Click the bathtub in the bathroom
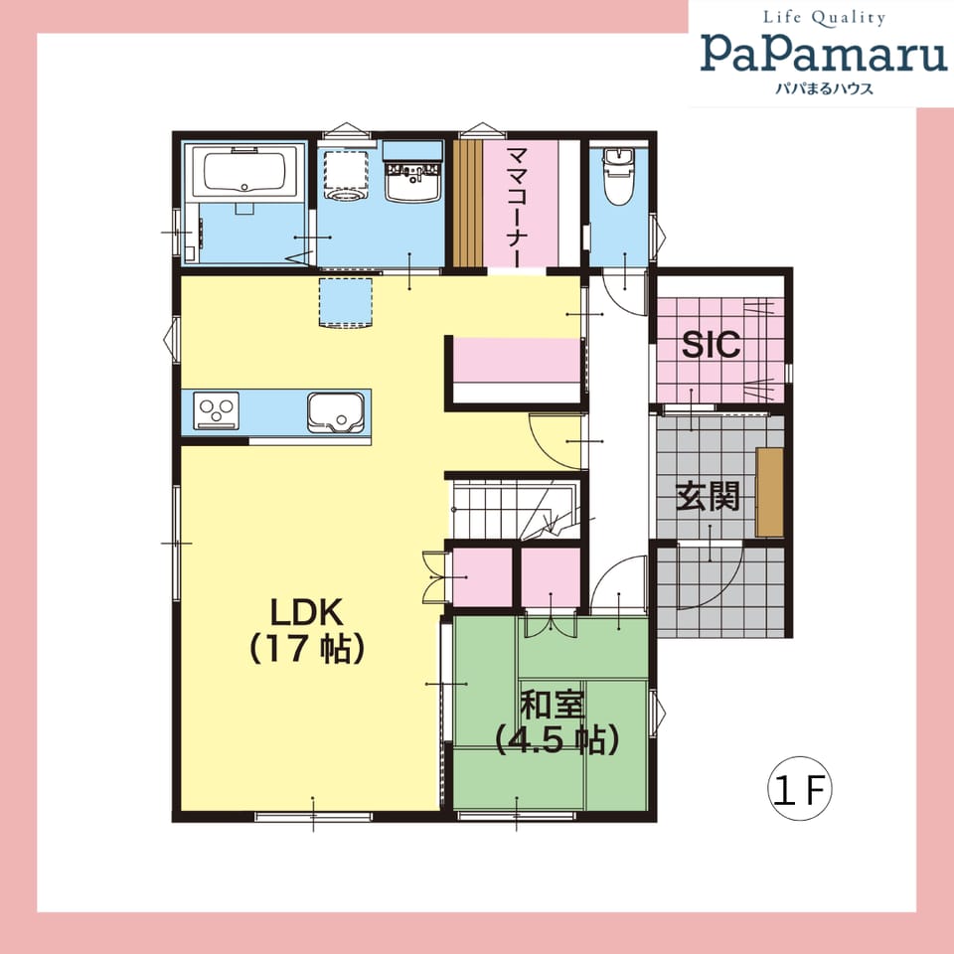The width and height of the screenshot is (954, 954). [x=244, y=172]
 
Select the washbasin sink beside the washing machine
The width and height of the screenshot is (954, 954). [x=412, y=181]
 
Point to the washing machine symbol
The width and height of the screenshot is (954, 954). [x=346, y=175]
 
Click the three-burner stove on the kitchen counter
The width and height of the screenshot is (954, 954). [x=216, y=410]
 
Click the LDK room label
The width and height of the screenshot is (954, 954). [x=307, y=630]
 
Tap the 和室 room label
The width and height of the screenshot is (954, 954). [x=553, y=705]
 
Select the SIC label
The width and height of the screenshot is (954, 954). [x=711, y=345]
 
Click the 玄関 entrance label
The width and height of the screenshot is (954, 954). [x=709, y=496]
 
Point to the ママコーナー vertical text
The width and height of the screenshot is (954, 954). [x=517, y=207]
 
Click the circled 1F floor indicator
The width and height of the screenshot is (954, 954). [x=799, y=788]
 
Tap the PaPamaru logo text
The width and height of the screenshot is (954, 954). [x=824, y=53]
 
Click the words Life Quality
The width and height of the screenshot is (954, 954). [x=824, y=18]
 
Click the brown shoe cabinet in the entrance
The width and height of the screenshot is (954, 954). [x=769, y=492]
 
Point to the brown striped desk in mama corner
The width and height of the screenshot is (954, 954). [x=468, y=203]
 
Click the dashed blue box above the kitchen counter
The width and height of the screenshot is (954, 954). [x=346, y=303]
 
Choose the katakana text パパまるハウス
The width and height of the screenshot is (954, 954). [x=824, y=88]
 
